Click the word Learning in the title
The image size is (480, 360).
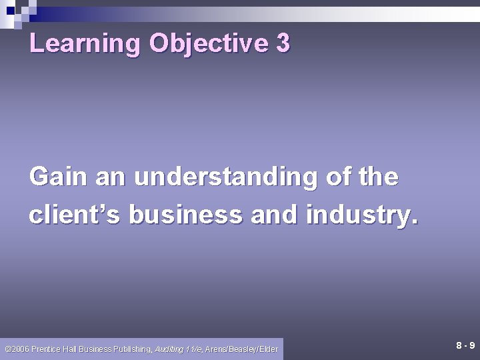click(85, 44)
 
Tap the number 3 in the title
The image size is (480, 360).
click(282, 44)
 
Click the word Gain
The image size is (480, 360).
click(58, 177)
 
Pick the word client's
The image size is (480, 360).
click(74, 215)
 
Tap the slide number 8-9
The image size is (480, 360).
click(465, 345)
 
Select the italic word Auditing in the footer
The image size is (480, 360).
click(169, 348)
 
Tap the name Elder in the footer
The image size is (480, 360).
click(269, 348)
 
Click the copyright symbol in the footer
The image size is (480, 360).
click(7, 348)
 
